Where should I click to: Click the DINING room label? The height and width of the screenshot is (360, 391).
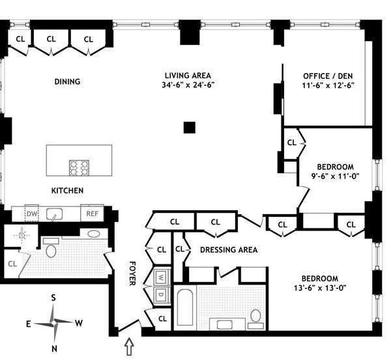[67, 82]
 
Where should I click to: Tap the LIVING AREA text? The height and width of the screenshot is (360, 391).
[188, 76]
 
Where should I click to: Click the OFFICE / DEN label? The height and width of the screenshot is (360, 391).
[328, 76]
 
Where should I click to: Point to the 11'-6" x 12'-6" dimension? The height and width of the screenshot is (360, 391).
[328, 85]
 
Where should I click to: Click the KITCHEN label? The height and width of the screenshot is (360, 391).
[67, 191]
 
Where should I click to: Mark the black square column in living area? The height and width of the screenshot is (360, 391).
[189, 128]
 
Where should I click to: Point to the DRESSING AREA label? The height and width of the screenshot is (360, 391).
[228, 250]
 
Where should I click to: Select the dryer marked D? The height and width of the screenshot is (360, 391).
[160, 295]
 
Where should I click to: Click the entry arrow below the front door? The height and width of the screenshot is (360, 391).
[129, 346]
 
